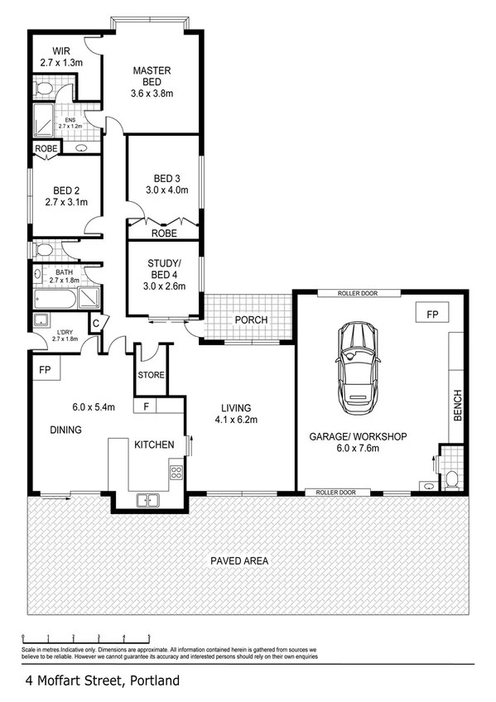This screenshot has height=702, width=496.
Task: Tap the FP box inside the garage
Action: tap(431, 315)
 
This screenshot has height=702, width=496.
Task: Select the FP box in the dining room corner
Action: tap(45, 369)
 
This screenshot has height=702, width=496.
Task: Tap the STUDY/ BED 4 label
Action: tap(162, 270)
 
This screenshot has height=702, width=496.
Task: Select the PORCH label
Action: tap(249, 320)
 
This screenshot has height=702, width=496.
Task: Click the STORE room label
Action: tap(152, 375)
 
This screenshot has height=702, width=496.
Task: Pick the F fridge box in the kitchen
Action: tap(146, 406)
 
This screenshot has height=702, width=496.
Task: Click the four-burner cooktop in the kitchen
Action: tap(176, 473)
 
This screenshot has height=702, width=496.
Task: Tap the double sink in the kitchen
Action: tap(149, 499)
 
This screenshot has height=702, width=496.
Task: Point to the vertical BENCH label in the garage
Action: tap(457, 405)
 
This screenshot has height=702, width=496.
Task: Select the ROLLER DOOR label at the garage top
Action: tap(357, 294)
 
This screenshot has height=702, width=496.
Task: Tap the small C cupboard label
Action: tap(96, 323)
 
